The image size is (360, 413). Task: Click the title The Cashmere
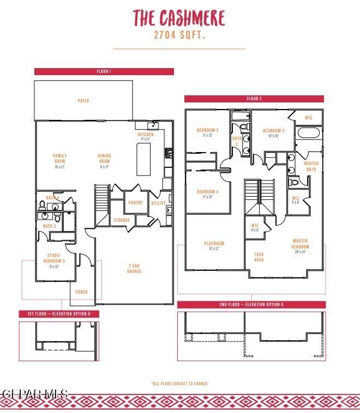[x=179, y=18]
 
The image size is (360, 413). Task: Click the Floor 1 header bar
[x=104, y=71]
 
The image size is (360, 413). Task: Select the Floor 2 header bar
[x=254, y=99]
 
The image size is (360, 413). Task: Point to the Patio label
[x=83, y=101]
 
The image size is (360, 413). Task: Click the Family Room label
[x=60, y=159]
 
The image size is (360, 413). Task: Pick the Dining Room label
[x=104, y=159]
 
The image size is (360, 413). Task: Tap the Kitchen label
[x=146, y=135]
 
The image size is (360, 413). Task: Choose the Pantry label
[x=135, y=203]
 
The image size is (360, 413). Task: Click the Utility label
[x=159, y=203]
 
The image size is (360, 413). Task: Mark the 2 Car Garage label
[x=135, y=269]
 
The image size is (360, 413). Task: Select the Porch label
[x=81, y=292]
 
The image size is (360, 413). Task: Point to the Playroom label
[x=214, y=244]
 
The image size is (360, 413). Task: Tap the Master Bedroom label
[x=300, y=244]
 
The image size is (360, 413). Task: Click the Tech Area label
[x=260, y=257]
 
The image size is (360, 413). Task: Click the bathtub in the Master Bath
[x=309, y=133]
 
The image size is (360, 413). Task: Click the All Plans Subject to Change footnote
[x=179, y=384]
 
